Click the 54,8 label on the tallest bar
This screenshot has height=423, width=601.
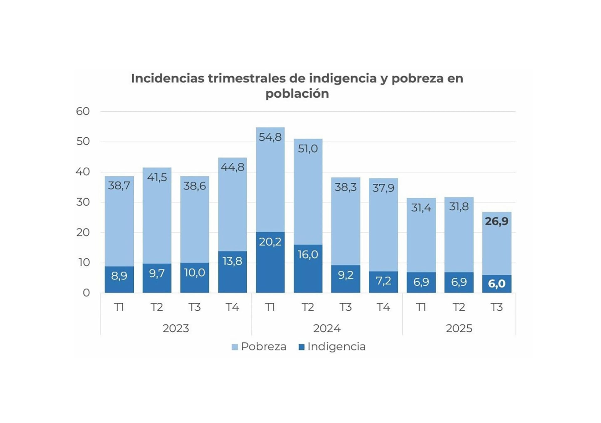270,137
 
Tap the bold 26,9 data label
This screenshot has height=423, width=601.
496,222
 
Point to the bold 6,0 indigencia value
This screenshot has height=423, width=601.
496,284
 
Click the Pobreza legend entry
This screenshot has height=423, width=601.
259,347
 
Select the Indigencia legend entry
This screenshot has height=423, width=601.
332,347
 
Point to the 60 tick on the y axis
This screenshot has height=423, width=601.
83,111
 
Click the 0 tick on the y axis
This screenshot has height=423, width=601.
86,293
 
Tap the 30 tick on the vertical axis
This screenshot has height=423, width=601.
83,202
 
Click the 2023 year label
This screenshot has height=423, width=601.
176,329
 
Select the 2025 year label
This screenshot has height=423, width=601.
459,329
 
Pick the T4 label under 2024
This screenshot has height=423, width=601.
383,307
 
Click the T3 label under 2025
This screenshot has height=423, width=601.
496,307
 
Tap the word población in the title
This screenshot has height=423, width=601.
297,94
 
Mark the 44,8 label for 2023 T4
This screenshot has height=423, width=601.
232,167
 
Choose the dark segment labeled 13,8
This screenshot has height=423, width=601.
232,272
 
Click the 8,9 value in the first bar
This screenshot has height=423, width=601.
119,276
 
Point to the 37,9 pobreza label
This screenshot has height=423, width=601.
383,188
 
